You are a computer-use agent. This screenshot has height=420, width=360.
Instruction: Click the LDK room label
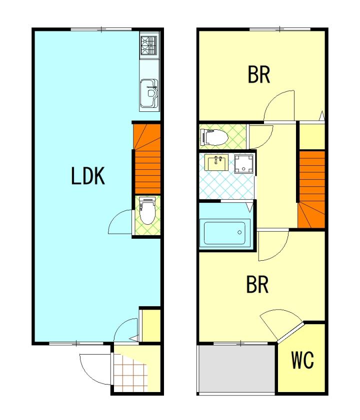pyautogui.click(x=87, y=176)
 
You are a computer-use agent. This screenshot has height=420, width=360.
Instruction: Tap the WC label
pyautogui.click(x=302, y=360)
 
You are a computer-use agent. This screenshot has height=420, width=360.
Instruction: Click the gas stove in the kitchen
pyautogui.click(x=149, y=45)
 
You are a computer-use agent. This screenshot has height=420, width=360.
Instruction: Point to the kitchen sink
pyautogui.click(x=149, y=94)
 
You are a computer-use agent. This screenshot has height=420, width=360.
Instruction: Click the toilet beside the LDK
pyautogui.click(x=147, y=211)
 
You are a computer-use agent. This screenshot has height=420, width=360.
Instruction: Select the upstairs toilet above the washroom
pyautogui.click(x=214, y=137)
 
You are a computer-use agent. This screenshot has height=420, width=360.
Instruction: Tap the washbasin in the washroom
pyautogui.click(x=216, y=162)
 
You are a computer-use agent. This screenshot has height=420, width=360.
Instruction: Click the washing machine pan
pyautogui.click(x=243, y=164)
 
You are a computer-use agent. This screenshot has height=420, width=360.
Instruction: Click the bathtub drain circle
pyautogui.click(x=239, y=233)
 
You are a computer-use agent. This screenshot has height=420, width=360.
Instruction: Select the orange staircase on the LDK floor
pyautogui.click(x=147, y=158)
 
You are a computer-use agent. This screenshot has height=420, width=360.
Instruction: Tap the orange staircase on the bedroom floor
pyautogui.click(x=311, y=189)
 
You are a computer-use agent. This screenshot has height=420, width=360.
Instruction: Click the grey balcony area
pyautogui.click(x=236, y=369)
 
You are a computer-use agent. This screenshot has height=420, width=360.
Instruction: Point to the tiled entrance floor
pyautogui.click(x=130, y=373)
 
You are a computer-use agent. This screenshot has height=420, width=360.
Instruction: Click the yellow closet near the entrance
pyautogui.click(x=150, y=326)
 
